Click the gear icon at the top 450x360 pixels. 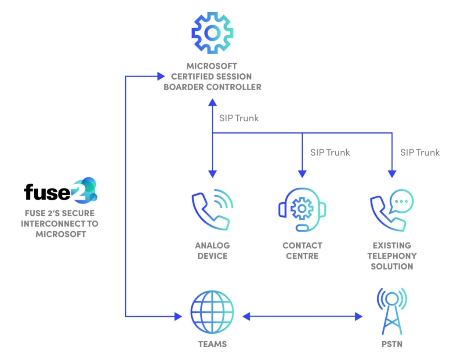[212, 33]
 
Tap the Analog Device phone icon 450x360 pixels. [212, 211]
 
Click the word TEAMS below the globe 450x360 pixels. [212, 344]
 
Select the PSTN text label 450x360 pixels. [392, 344]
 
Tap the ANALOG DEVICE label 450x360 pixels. [213, 251]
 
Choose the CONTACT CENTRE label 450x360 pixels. [302, 251]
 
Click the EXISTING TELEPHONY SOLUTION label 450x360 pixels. [392, 256]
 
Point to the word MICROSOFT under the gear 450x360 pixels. [212, 66]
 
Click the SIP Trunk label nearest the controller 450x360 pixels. [239, 118]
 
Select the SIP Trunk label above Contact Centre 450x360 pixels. [330, 153]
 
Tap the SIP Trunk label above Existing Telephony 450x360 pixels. [420, 153]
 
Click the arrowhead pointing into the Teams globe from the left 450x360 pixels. [178, 316]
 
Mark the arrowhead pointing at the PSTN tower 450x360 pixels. [359, 316]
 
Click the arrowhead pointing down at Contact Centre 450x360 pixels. [302, 174]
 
